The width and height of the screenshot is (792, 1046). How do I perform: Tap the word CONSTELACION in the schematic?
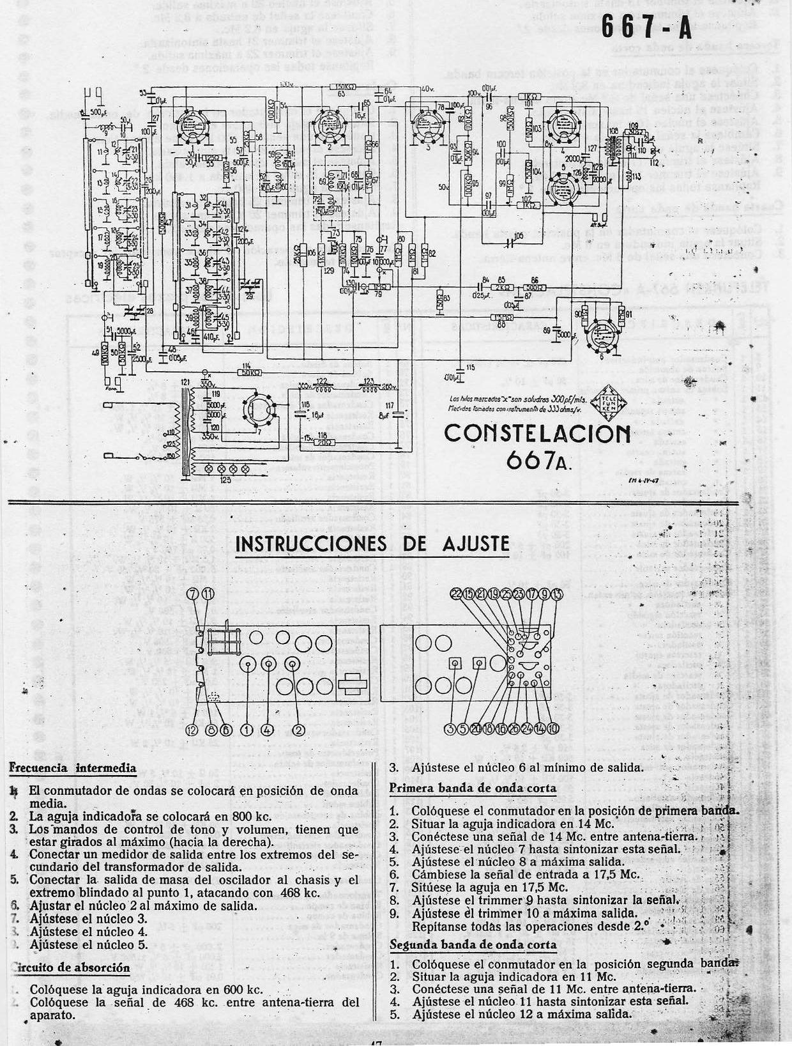click(x=537, y=434)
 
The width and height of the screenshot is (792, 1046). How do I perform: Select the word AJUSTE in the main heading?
click(x=476, y=544)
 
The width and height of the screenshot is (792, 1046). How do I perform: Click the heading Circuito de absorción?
click(x=70, y=967)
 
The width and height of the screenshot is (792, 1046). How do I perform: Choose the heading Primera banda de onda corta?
click(x=473, y=788)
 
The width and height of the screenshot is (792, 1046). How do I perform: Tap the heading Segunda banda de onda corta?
click(x=473, y=944)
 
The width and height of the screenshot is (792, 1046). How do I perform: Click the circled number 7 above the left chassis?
click(x=194, y=594)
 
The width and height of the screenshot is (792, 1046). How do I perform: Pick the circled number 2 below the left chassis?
click(x=297, y=730)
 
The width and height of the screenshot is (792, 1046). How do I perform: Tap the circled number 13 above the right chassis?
click(x=558, y=594)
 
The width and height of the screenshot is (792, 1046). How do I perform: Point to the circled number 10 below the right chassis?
click(x=553, y=728)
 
